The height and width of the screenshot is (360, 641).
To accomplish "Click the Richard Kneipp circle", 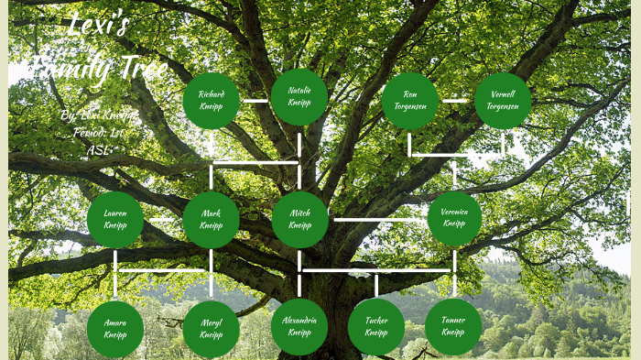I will (212, 100).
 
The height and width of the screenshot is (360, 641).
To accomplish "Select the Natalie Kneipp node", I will (299, 97).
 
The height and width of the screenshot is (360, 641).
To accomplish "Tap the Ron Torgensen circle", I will (410, 100).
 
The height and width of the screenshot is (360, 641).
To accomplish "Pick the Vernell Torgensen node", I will (503, 100).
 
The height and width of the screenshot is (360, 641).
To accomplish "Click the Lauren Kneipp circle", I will (115, 220).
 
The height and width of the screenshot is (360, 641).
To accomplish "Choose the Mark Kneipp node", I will (211, 220).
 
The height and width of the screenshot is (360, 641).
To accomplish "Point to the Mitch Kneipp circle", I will (299, 220).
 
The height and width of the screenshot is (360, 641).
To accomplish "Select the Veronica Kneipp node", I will (454, 219).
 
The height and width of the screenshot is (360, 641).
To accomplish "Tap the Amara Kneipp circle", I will (115, 329).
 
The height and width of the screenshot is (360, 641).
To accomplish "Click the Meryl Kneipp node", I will (211, 329).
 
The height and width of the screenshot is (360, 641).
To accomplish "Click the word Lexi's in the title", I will (99, 27).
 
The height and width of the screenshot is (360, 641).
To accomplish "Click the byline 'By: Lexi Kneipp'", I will (96, 116).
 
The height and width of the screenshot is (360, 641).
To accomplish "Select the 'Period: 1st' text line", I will (97, 133).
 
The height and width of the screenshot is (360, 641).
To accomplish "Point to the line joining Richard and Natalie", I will (255, 100).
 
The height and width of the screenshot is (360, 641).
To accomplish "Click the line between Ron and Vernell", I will (456, 100).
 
